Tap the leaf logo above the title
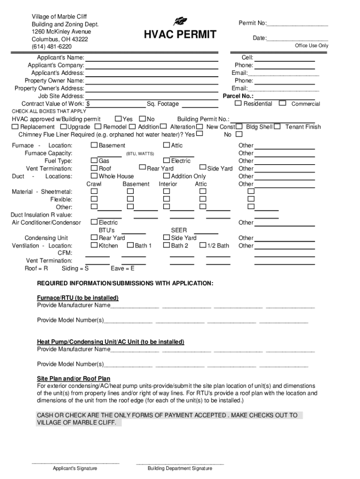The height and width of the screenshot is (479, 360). pyautogui.click(x=180, y=21)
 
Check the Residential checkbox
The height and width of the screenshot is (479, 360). pyautogui.click(x=238, y=103)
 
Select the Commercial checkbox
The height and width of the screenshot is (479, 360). pyautogui.click(x=282, y=103)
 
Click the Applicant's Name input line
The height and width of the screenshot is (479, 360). pyautogui.click(x=152, y=58)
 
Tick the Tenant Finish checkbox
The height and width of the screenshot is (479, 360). pyautogui.click(x=277, y=127)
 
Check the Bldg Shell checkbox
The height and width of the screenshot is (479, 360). pyautogui.click(x=239, y=127)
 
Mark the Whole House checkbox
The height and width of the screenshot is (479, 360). pyautogui.click(x=94, y=176)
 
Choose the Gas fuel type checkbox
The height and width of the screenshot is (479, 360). pyautogui.click(x=94, y=161)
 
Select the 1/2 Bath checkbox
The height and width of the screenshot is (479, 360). pyautogui.click(x=203, y=246)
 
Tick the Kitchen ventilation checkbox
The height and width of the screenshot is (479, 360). pyautogui.click(x=94, y=246)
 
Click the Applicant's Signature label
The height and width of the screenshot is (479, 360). pyautogui.click(x=75, y=468)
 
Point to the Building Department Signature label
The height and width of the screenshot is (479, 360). pyautogui.click(x=180, y=468)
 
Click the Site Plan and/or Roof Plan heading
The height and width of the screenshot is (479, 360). pyautogui.click(x=74, y=378)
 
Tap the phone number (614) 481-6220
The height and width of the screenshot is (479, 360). pyautogui.click(x=51, y=47)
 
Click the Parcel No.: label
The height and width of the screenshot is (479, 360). pyautogui.click(x=238, y=96)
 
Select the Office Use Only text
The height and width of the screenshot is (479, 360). pyautogui.click(x=311, y=46)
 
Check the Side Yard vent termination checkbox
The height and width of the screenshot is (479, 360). pyautogui.click(x=202, y=168)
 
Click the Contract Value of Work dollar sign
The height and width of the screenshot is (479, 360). pyautogui.click(x=88, y=104)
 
